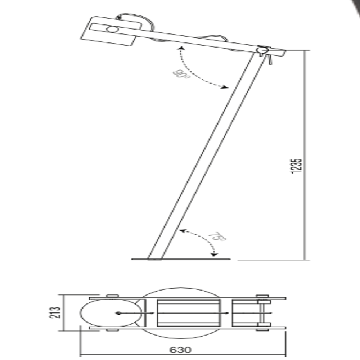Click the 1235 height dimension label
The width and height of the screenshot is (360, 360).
(x=296, y=166)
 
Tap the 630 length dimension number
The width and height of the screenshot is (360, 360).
(x=180, y=350)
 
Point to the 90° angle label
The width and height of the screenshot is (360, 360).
(x=181, y=74)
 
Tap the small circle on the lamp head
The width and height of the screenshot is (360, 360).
(x=112, y=30)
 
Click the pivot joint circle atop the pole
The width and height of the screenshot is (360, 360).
(x=261, y=50)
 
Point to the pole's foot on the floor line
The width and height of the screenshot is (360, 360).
(x=154, y=259)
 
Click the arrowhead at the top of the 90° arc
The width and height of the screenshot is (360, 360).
(x=181, y=48)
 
